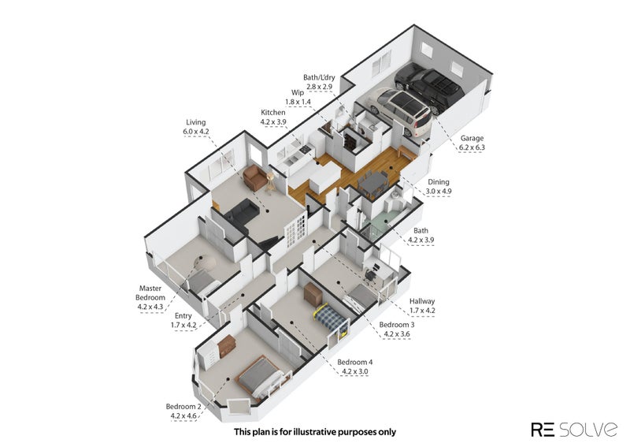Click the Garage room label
pos(472,138)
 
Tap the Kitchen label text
pos(272,113)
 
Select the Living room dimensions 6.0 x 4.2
pos(195,132)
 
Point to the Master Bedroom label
pos(150,293)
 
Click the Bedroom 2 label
pos(183,406)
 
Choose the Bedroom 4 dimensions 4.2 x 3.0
pos(355,371)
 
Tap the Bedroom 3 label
pos(397,324)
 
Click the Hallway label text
pos(422,301)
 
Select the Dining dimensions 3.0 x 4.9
pos(439,191)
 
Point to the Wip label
pos(298,92)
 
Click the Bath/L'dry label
pos(319,77)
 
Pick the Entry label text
pos(183,316)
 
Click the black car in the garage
pos(429,88)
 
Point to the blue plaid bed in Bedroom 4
pos(330,316)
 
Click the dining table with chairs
pos(372,182)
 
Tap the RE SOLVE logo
pos(574,430)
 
